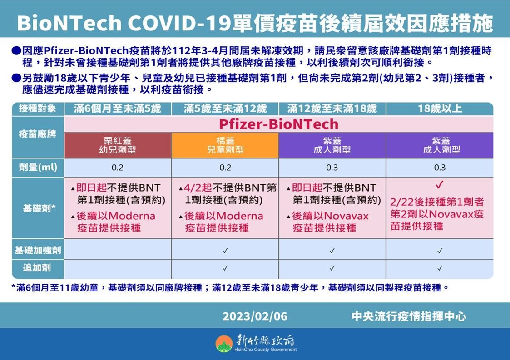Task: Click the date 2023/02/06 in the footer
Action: pos(255,316)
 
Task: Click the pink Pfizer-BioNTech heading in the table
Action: pos(278,124)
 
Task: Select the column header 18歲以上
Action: pos(440,108)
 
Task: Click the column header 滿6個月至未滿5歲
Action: pos(118,108)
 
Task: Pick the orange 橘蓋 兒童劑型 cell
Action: pos(225,145)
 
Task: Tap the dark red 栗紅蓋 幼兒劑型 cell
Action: pos(118,145)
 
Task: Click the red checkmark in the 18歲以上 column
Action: pos(439,185)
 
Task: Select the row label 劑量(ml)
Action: pos(38,168)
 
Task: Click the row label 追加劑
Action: pos(38,268)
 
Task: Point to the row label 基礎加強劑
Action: pos(38,250)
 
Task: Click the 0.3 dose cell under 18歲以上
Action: pos(440,168)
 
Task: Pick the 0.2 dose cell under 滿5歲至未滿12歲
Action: pos(225,168)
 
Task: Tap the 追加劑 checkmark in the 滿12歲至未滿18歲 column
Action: pos(332,268)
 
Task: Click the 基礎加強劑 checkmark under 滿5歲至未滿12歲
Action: pos(225,250)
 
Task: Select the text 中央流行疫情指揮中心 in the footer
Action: pos(409,316)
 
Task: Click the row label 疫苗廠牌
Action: pos(38,135)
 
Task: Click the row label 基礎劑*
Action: pos(38,208)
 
